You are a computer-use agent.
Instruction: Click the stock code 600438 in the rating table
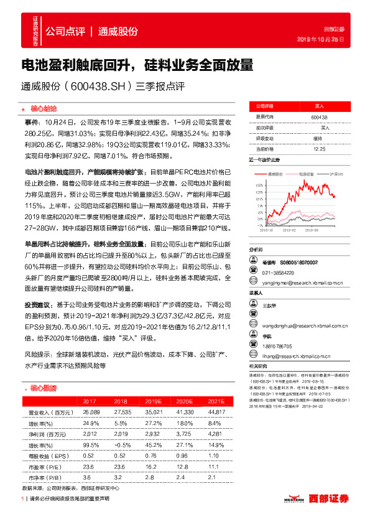(319, 117)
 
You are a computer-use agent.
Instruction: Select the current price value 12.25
(320, 148)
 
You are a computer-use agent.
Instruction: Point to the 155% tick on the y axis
(258, 185)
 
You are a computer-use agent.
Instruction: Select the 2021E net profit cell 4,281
(215, 432)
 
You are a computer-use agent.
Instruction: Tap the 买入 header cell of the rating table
(319, 107)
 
